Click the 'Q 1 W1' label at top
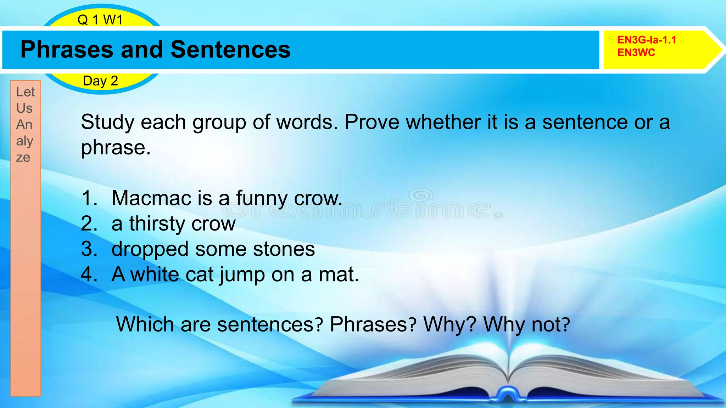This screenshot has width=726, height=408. click(x=100, y=20)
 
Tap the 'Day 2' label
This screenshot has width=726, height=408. click(x=100, y=81)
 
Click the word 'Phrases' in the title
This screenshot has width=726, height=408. click(x=67, y=50)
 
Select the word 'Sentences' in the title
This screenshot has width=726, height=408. click(x=230, y=50)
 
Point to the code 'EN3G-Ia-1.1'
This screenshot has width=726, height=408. click(x=647, y=40)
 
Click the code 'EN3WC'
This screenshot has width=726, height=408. click(x=636, y=53)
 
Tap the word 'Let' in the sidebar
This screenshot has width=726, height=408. click(x=26, y=92)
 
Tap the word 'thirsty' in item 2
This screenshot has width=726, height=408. click(x=157, y=224)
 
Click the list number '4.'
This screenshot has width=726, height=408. click(x=89, y=275)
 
